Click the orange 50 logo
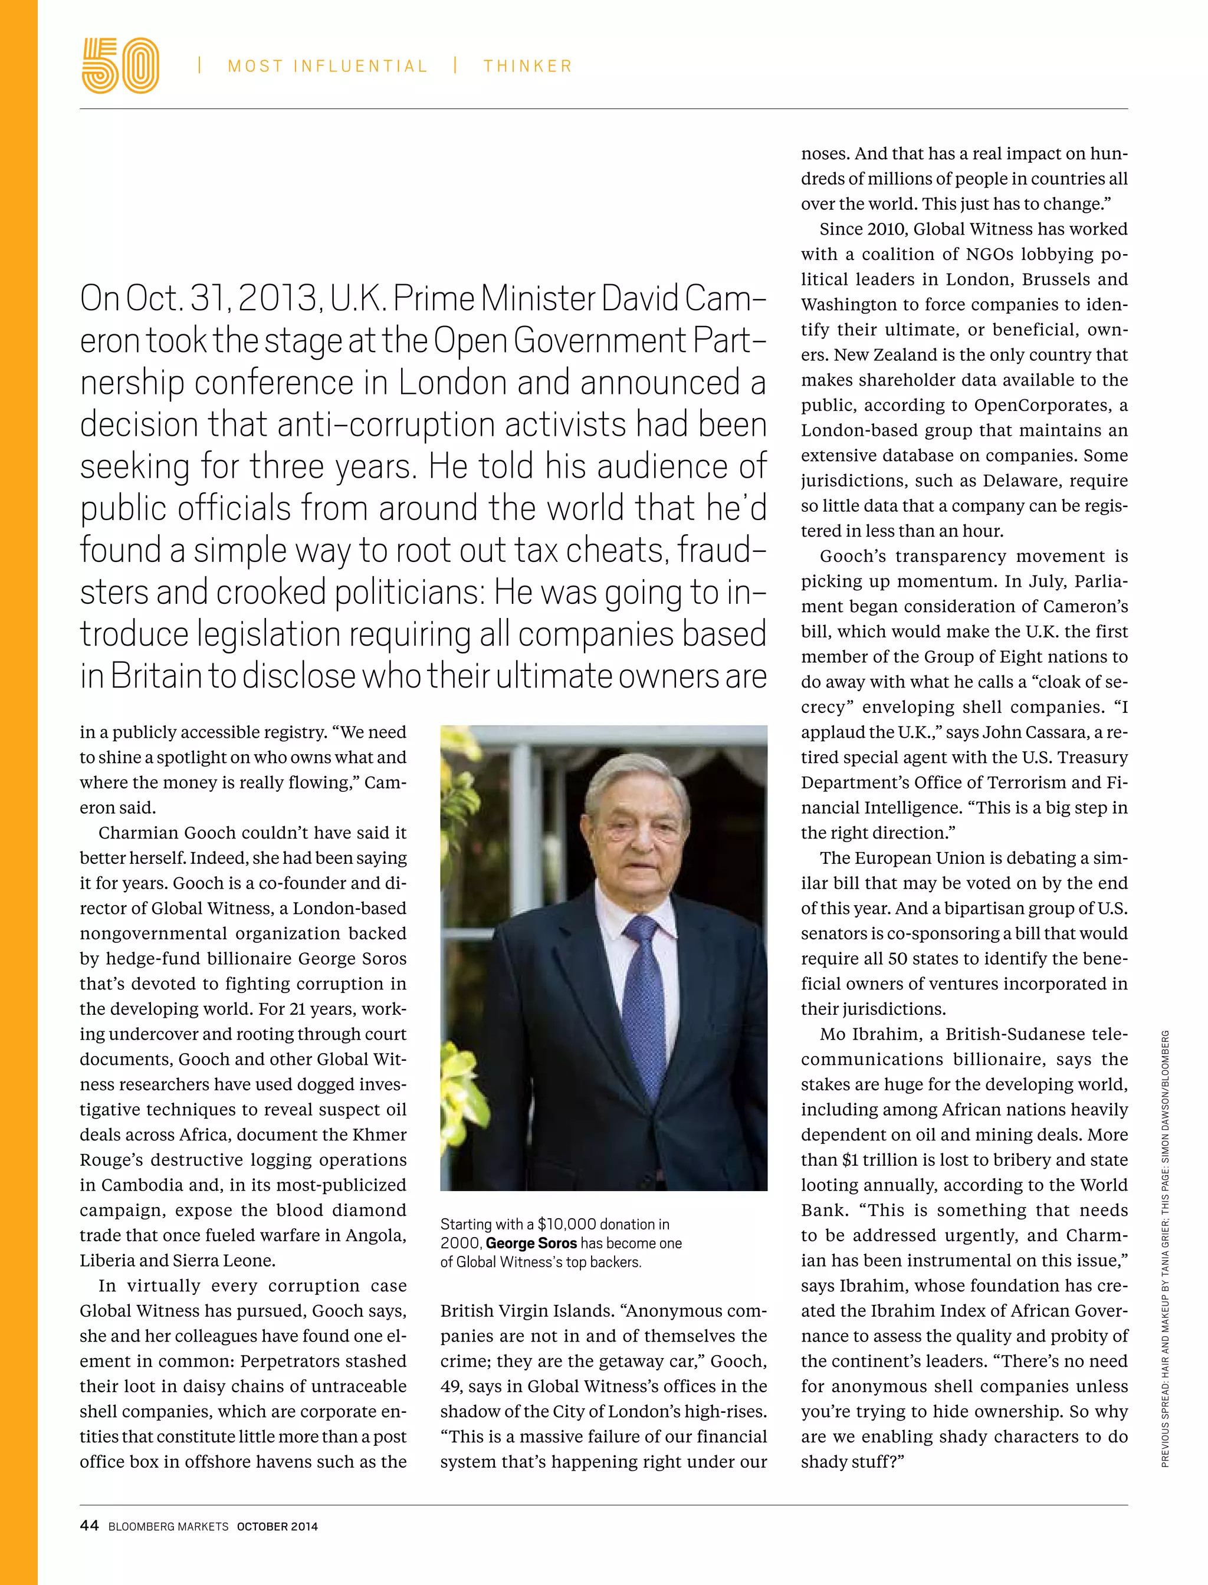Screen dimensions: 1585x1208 (x=120, y=65)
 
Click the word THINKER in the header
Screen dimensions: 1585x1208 (x=528, y=66)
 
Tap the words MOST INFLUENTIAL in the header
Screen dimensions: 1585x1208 (x=328, y=66)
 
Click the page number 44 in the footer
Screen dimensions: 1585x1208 (x=89, y=1525)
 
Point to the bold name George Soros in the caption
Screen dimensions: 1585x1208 (x=531, y=1243)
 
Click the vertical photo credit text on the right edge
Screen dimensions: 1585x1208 (x=1166, y=1251)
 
